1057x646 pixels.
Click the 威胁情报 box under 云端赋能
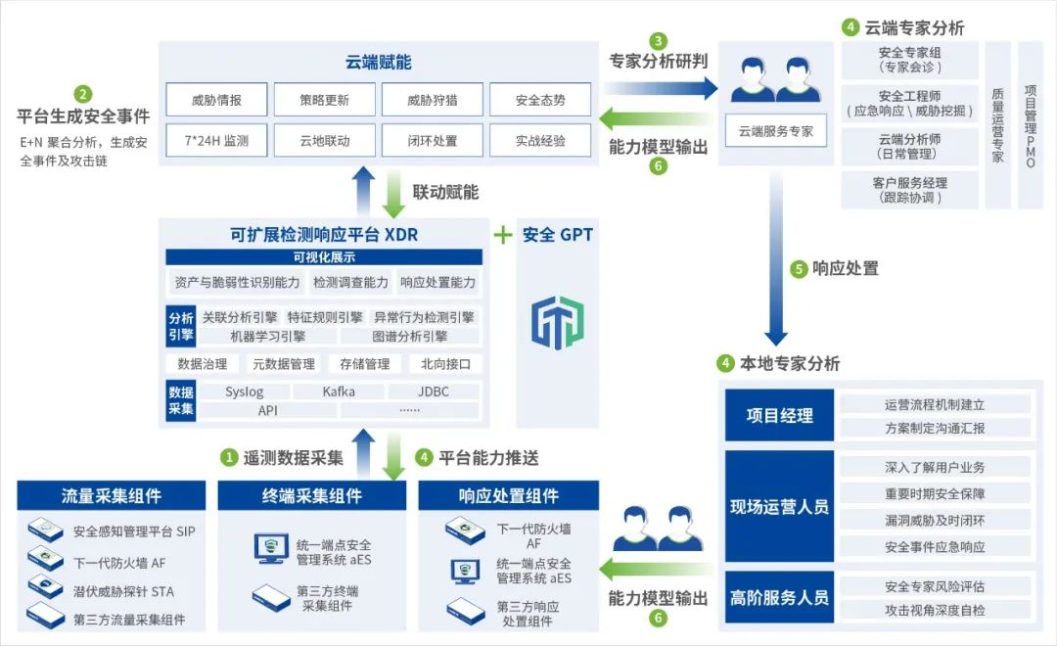(x=216, y=100)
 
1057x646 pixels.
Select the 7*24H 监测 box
(x=216, y=140)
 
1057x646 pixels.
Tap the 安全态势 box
(x=539, y=100)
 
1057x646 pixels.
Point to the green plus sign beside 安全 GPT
(x=502, y=235)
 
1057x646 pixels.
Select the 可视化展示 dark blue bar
(x=324, y=257)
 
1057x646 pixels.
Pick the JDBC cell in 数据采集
(x=433, y=392)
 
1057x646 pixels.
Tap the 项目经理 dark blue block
(x=779, y=416)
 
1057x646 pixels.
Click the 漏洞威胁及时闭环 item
(x=935, y=521)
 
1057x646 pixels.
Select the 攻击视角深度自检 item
(x=935, y=610)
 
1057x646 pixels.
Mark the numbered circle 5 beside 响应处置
(x=799, y=268)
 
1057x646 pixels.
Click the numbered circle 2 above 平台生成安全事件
(x=83, y=95)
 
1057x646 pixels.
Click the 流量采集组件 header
(x=112, y=496)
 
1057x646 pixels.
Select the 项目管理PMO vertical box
(x=1030, y=125)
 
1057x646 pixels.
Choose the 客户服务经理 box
(x=909, y=190)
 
